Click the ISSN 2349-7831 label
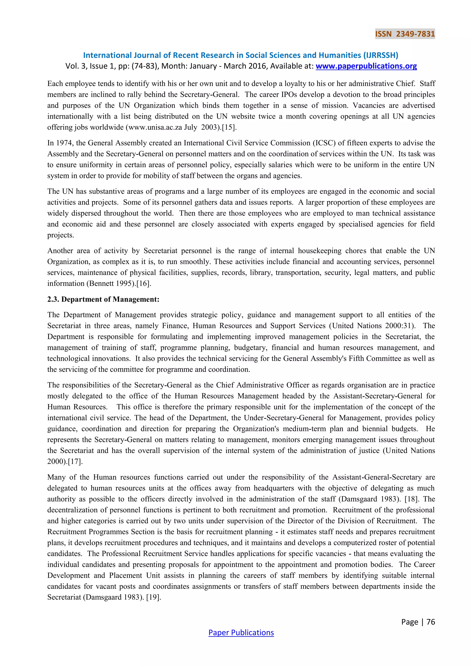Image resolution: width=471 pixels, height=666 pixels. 405,34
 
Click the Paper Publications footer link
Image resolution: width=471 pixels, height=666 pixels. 241,632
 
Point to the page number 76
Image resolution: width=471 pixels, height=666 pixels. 431,622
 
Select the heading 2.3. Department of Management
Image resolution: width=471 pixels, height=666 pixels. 103,299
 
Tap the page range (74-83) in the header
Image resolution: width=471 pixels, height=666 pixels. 146,66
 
